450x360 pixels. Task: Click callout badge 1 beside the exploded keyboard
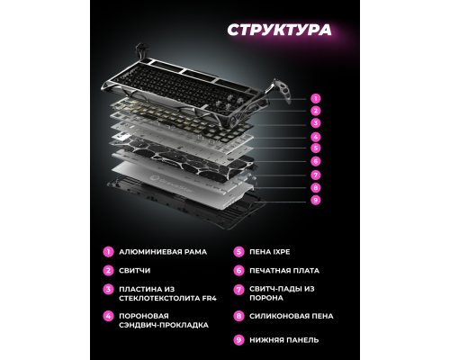pyautogui.click(x=315, y=97)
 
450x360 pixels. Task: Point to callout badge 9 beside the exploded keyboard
pyautogui.click(x=315, y=200)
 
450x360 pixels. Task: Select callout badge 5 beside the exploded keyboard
pyautogui.click(x=315, y=148)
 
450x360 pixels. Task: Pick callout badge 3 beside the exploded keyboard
pyautogui.click(x=315, y=122)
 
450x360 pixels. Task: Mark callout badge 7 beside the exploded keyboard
pyautogui.click(x=315, y=175)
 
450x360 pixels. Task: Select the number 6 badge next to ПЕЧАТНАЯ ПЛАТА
pyautogui.click(x=238, y=270)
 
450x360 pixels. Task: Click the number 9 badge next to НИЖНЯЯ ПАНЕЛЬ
pyautogui.click(x=238, y=339)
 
